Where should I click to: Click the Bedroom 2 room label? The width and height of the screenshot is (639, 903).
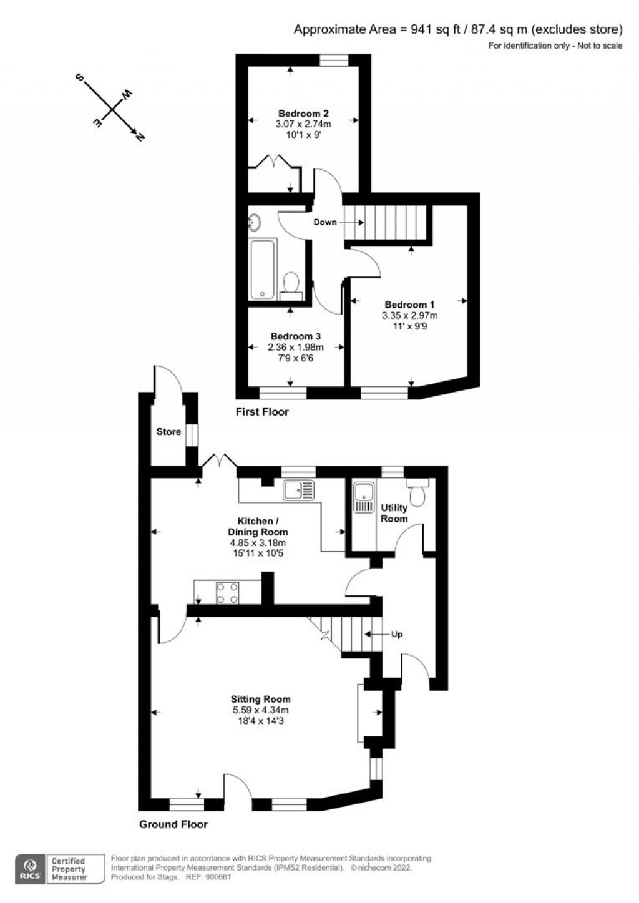[x=303, y=114]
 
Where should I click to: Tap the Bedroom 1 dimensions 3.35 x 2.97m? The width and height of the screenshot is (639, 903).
[x=409, y=316]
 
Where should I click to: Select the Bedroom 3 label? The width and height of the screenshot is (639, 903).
[x=296, y=336]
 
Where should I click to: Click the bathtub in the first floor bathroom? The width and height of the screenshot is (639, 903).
[x=263, y=269]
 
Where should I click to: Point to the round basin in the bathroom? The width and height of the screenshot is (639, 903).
[x=255, y=222]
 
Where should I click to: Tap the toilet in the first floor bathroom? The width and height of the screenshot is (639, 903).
[x=291, y=283]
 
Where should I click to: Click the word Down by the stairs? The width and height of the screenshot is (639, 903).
[x=325, y=222]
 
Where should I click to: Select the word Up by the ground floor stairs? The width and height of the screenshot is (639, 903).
[x=397, y=635]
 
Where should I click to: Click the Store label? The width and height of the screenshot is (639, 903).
[x=168, y=432]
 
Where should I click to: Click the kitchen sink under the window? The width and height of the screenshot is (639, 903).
[x=298, y=490]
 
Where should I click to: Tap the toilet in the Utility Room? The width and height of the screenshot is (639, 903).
[x=417, y=492]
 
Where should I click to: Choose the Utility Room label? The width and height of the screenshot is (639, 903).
[x=394, y=513]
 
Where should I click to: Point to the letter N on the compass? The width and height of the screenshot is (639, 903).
[x=140, y=137]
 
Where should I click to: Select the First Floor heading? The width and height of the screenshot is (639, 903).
[x=262, y=412]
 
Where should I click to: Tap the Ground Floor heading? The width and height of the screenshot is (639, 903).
[x=173, y=824]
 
